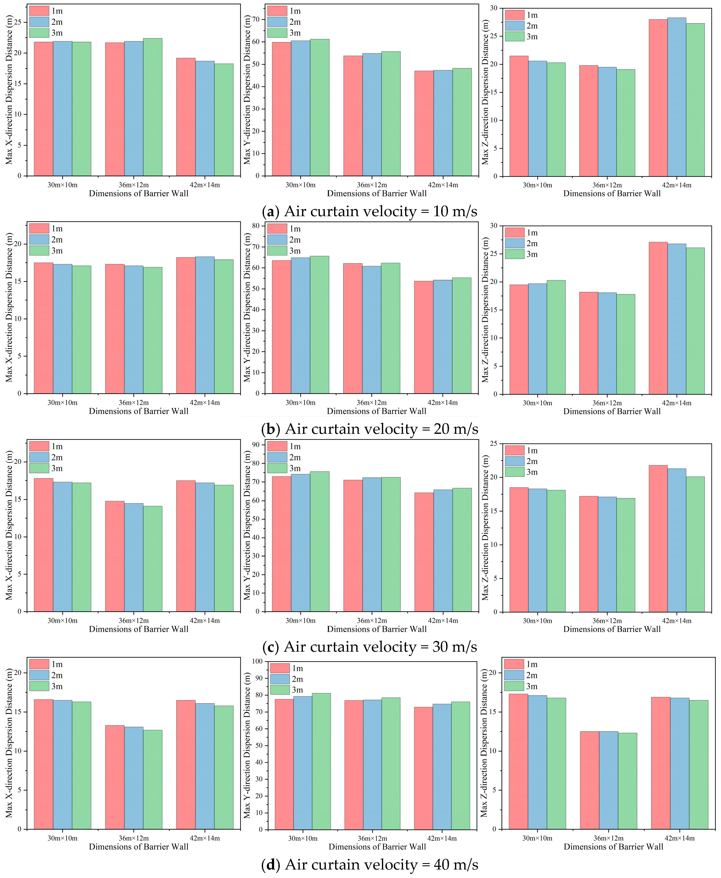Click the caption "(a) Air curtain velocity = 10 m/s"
(x=370, y=211)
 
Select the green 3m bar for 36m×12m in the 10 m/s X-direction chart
(x=153, y=107)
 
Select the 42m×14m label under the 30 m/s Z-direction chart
(x=676, y=621)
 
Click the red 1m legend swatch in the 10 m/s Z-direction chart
(x=515, y=15)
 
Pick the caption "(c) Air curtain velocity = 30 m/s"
(x=370, y=647)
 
